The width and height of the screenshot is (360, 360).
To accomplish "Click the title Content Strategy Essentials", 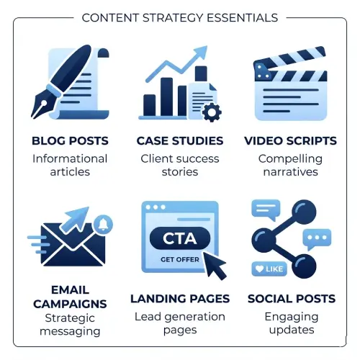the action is [180, 18].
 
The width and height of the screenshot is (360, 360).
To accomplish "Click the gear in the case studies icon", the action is [212, 112].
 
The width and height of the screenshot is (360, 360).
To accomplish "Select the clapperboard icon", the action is [290, 84].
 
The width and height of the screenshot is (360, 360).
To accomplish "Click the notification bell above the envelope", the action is [103, 225].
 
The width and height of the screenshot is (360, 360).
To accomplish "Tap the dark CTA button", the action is [180, 238].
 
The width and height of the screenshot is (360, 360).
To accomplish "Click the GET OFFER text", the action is [180, 259].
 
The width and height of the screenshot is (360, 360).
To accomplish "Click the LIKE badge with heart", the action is [269, 269].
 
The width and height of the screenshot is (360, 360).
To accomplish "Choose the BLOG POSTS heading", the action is [70, 141].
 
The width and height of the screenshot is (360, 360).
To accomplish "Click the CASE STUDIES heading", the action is [180, 141].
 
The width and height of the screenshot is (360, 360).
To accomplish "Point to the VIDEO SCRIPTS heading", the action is [290, 141].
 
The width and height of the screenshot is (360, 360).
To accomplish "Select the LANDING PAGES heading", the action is [180, 299].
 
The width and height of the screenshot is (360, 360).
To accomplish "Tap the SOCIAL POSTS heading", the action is [292, 299].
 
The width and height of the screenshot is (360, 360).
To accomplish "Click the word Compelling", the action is [290, 159].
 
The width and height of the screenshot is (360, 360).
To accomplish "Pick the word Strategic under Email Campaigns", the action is [70, 319].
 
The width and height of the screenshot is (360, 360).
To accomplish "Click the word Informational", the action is [70, 159].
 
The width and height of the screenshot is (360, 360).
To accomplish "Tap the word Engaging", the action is [292, 318].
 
